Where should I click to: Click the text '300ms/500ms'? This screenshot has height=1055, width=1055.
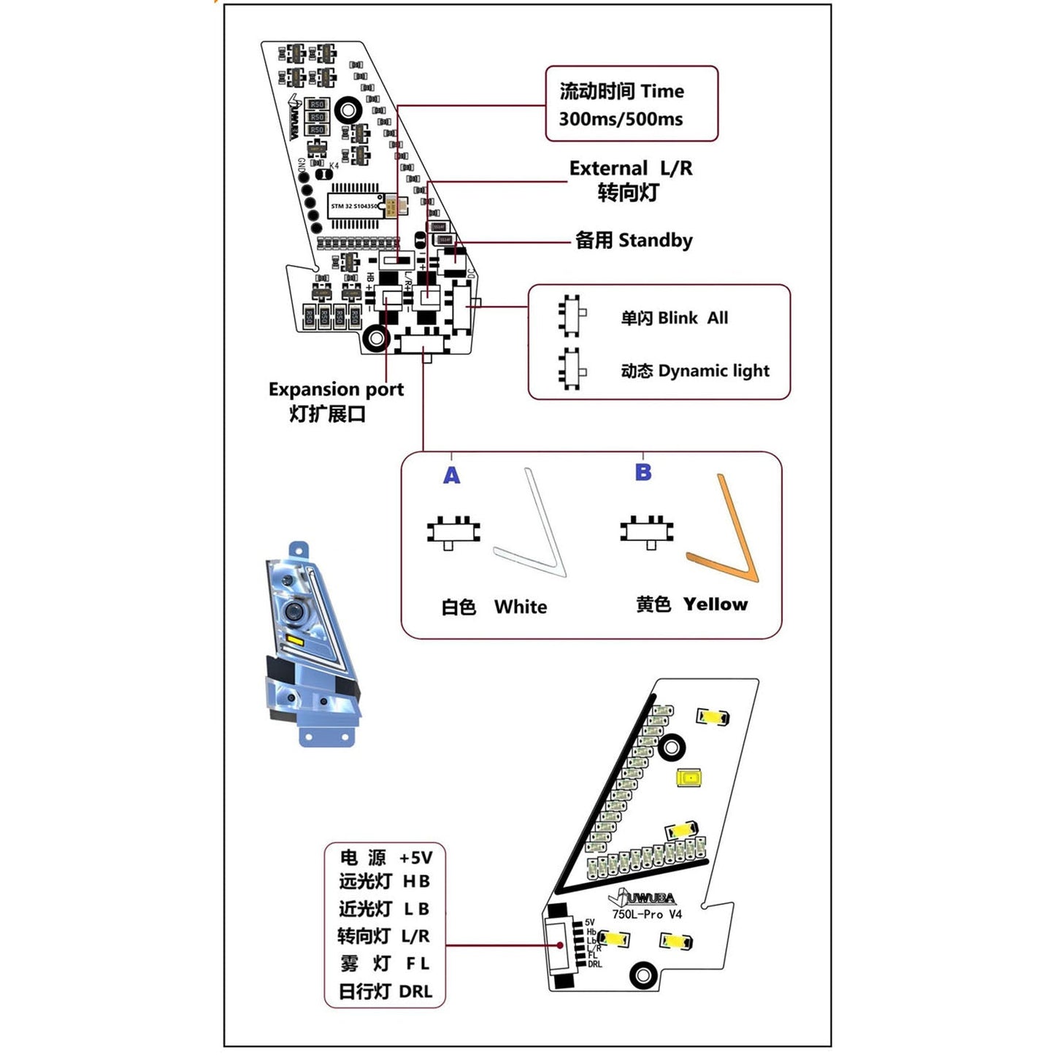point(621,119)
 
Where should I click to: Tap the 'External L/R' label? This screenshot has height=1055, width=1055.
point(631,169)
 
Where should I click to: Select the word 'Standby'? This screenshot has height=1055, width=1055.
point(655,240)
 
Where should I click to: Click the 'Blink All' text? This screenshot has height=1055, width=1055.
point(692,318)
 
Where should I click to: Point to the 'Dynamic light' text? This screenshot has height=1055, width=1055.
point(713,371)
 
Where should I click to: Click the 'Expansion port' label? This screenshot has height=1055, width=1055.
point(336,389)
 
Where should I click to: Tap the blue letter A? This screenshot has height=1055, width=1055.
point(452,476)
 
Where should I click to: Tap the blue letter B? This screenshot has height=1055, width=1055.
point(643,472)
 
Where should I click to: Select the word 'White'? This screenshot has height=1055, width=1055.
point(520,607)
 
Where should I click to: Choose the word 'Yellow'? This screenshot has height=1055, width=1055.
point(716,605)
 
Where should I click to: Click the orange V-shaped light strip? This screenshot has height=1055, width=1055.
point(730,540)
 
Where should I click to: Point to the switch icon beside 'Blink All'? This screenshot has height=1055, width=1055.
point(571,316)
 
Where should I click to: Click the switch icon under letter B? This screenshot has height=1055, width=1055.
point(647,531)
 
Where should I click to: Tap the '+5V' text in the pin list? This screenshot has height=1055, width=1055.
point(415,858)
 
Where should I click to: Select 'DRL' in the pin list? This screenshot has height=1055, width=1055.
point(415,991)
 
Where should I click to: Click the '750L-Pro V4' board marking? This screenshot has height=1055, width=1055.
point(647,914)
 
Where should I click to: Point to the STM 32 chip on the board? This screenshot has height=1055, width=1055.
point(356,206)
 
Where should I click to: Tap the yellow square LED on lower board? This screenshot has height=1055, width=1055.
point(689,778)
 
